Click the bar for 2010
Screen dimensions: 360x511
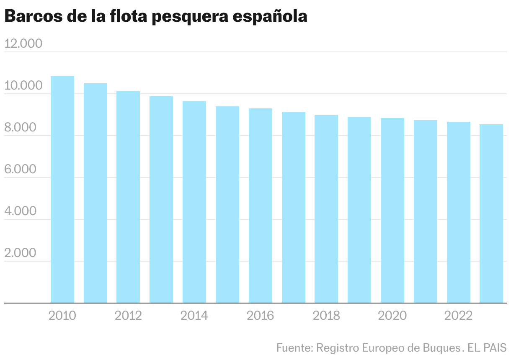tap(62, 189)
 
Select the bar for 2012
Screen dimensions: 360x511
tap(128, 197)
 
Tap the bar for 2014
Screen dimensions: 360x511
tap(194, 202)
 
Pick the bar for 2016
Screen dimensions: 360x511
tap(261, 206)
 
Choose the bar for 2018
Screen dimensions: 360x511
tap(326, 209)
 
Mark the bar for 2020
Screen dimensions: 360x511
tap(392, 210)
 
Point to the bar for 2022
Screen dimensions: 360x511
tap(459, 212)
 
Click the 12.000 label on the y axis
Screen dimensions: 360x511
tap(23, 44)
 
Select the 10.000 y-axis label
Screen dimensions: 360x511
tap(23, 85)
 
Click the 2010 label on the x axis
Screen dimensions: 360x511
tap(62, 315)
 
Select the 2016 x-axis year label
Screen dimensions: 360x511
tap(261, 315)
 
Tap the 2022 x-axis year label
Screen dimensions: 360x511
tap(459, 315)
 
